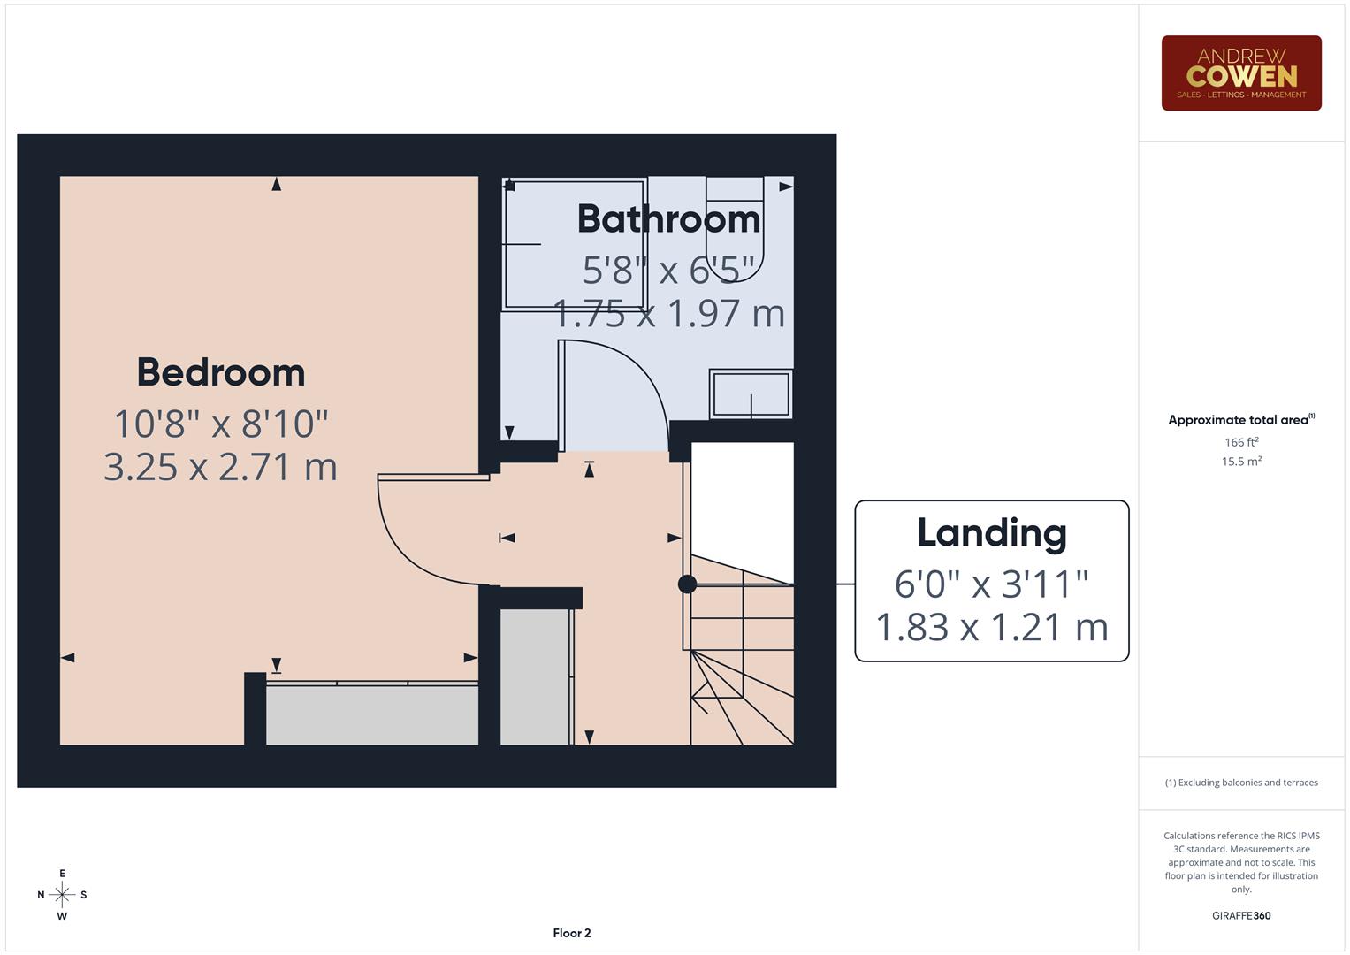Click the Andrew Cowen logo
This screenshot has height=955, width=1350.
coord(1240,73)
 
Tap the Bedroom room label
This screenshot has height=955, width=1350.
coord(221,372)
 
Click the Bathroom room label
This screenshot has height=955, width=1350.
coord(668,218)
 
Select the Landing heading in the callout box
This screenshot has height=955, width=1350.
coord(991,532)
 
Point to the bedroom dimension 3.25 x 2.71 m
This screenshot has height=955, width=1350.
coord(220,467)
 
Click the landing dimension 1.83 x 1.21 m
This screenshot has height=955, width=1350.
coord(991,627)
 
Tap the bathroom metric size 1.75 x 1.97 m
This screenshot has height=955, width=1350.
coord(668,313)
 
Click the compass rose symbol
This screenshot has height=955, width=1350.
coord(62,895)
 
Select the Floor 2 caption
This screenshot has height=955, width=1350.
coord(571,933)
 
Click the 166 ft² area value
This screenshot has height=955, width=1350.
coord(1240,442)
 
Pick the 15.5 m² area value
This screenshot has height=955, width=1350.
coord(1240,462)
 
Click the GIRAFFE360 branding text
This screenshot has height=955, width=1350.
coord(1240,915)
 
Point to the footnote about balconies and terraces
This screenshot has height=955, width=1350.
coord(1240,783)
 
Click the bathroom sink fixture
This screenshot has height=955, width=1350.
coord(751,393)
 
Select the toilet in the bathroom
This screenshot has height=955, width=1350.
coord(735,230)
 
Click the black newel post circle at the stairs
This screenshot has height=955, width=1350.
coord(687,584)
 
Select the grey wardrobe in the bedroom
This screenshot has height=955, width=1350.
coord(371,714)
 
